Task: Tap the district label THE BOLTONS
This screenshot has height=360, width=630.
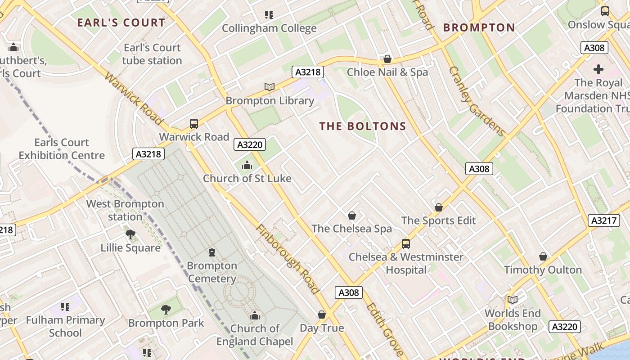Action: click(x=363, y=126)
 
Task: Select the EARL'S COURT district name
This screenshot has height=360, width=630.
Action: click(x=121, y=22)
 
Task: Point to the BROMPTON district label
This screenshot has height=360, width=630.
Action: click(x=479, y=27)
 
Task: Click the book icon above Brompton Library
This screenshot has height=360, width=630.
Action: click(x=270, y=87)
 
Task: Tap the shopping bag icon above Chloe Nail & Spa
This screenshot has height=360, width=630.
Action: click(x=387, y=59)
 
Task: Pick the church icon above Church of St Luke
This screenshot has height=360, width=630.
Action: click(x=247, y=166)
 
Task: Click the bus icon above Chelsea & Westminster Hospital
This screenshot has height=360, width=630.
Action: click(x=406, y=244)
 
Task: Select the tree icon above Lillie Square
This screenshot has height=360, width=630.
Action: click(x=130, y=234)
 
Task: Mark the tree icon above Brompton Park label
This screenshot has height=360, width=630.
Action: click(x=166, y=310)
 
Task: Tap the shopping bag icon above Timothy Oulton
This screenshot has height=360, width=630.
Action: click(x=543, y=256)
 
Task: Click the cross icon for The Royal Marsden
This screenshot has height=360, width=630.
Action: click(x=598, y=69)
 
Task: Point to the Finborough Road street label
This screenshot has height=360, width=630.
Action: click(x=288, y=259)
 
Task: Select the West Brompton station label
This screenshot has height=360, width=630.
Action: click(x=125, y=210)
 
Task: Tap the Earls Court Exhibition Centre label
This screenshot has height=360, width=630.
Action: click(x=62, y=149)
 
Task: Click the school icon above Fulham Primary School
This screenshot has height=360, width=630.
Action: click(x=65, y=307)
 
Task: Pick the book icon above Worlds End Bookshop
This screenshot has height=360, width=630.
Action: click(x=513, y=300)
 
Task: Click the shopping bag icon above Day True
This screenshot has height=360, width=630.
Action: click(x=322, y=315)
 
